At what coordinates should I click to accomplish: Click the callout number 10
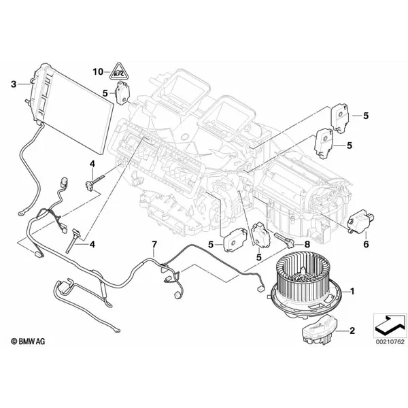click(98, 71)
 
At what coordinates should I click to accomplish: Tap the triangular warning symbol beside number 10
click(119, 71)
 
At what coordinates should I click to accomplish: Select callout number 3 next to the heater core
click(14, 84)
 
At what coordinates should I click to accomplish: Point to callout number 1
click(352, 291)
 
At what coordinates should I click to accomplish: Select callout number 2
click(352, 330)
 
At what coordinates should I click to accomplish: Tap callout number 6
click(366, 244)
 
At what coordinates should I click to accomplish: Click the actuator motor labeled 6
click(360, 220)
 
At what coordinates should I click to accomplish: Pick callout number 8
click(307, 244)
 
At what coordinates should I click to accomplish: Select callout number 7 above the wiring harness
click(154, 244)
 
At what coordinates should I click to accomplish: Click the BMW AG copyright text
click(28, 341)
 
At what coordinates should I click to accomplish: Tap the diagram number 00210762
click(390, 341)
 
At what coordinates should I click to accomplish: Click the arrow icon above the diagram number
click(390, 326)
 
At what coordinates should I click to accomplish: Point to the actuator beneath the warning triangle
click(121, 93)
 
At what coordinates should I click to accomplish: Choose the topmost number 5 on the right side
click(366, 116)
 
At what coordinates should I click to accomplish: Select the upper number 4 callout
click(92, 164)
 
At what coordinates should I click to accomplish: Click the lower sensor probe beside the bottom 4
click(72, 240)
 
